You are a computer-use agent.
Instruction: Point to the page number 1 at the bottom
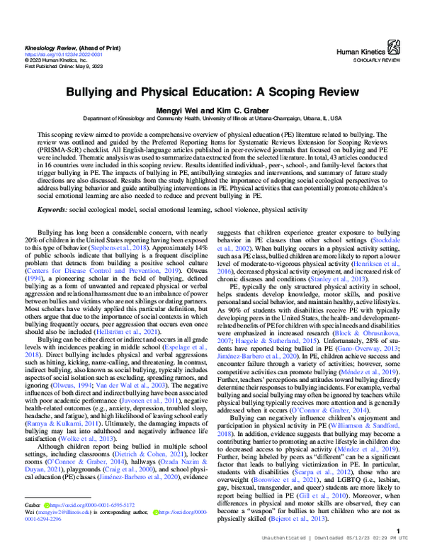coord(400,531)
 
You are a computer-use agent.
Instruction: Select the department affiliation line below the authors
coord(212,118)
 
